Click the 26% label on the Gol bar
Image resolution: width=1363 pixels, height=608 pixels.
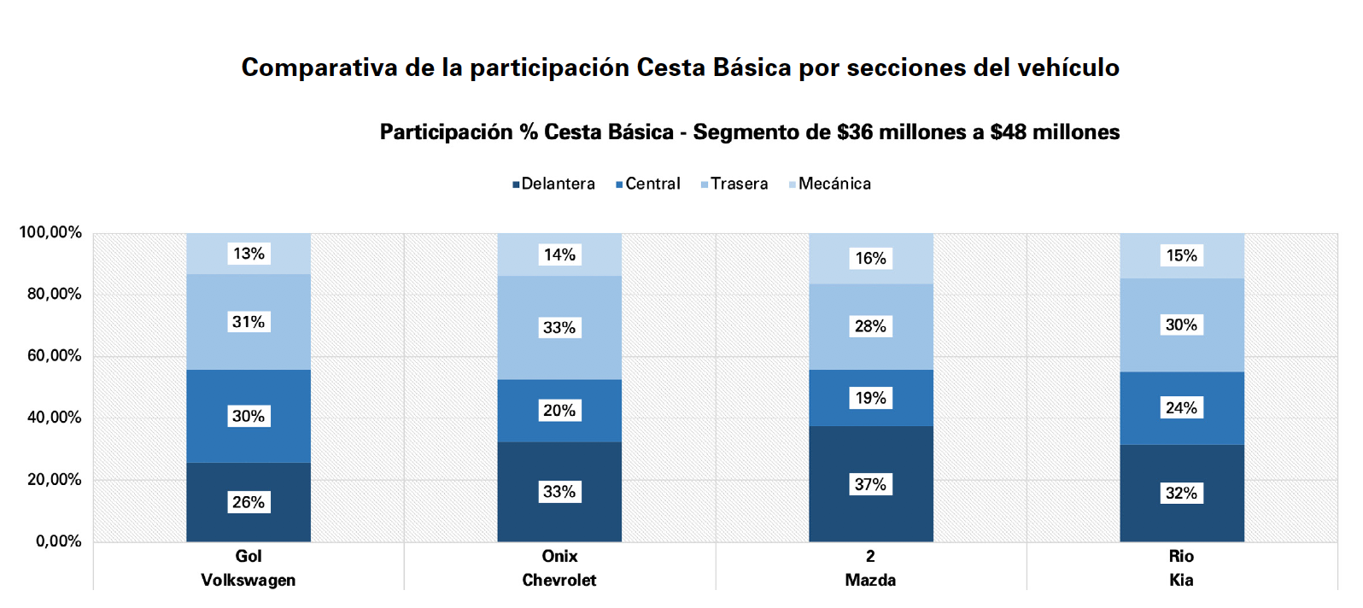(249, 502)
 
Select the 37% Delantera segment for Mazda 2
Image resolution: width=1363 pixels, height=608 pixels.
(871, 484)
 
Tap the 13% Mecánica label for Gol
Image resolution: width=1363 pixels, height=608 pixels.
(249, 253)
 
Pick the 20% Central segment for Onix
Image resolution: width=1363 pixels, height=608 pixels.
(559, 411)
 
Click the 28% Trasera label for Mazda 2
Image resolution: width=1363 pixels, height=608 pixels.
(871, 326)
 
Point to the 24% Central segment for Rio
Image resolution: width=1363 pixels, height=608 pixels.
(1182, 408)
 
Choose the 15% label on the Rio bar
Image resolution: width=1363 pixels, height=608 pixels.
(1182, 255)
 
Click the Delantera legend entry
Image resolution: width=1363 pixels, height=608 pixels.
(553, 184)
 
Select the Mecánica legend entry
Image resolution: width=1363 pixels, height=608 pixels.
(830, 184)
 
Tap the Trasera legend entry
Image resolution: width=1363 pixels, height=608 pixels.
(734, 184)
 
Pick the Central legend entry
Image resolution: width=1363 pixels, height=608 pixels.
(648, 184)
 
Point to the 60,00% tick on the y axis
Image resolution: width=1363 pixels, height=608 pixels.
(55, 356)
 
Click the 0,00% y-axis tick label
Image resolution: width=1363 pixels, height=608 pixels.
(58, 541)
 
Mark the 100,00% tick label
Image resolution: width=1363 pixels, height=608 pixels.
(50, 232)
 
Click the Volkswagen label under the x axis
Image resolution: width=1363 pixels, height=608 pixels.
(249, 580)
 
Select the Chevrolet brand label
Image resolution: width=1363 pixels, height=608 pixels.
(559, 580)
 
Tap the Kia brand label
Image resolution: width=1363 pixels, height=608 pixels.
(1182, 580)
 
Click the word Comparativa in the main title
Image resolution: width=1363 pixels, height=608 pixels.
(319, 67)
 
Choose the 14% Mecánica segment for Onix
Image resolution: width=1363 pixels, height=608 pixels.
(559, 255)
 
